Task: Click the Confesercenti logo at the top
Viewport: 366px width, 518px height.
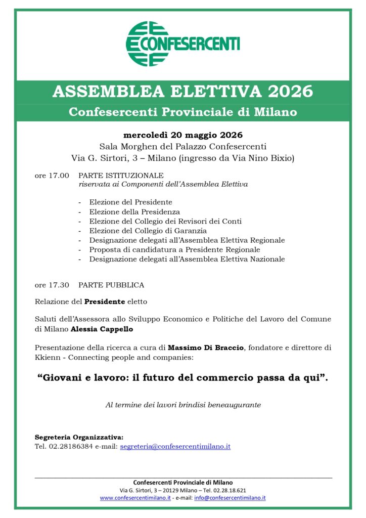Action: [182, 44]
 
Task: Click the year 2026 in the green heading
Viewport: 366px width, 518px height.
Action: [291, 92]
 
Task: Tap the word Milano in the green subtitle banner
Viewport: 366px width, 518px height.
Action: [277, 112]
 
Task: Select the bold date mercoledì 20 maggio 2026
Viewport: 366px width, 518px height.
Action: [183, 135]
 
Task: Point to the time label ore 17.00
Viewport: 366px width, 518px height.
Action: [52, 176]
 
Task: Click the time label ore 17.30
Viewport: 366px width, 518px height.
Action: [52, 285]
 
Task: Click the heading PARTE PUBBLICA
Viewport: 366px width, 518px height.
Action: [111, 285]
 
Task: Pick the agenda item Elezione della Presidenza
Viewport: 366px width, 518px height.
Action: [134, 212]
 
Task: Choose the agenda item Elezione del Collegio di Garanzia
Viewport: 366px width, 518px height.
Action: [148, 231]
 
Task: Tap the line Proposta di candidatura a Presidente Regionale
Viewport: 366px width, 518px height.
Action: [174, 249]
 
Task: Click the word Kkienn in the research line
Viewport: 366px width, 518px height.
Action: [47, 357]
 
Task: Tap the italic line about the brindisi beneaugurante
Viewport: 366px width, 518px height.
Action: [183, 405]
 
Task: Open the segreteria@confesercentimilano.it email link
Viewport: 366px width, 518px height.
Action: [175, 447]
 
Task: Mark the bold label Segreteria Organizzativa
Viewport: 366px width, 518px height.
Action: [79, 437]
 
